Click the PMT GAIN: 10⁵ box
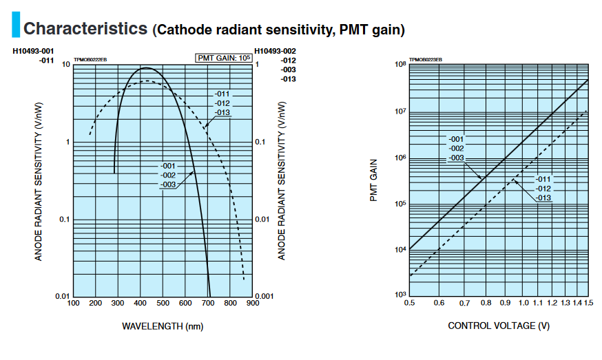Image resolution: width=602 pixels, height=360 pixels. point(224,58)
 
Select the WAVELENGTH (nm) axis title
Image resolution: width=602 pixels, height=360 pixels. point(163,326)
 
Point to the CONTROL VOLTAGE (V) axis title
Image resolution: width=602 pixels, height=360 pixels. point(499,325)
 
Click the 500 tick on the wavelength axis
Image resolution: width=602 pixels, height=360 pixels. point(163,303)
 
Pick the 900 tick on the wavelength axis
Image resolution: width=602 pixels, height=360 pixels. point(252,303)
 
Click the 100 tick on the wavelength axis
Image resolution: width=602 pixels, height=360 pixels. point(73,303)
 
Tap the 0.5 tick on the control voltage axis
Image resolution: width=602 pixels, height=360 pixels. point(409,303)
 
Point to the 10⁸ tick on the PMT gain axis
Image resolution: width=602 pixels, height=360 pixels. point(399,65)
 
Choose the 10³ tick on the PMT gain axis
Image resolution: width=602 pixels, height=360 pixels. point(399,295)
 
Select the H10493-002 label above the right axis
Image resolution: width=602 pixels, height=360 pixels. point(275,52)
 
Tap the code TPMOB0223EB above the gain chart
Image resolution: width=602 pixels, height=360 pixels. point(426,60)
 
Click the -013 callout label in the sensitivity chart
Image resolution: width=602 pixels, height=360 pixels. point(222,112)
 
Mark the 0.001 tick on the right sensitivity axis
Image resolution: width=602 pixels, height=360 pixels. point(265,296)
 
